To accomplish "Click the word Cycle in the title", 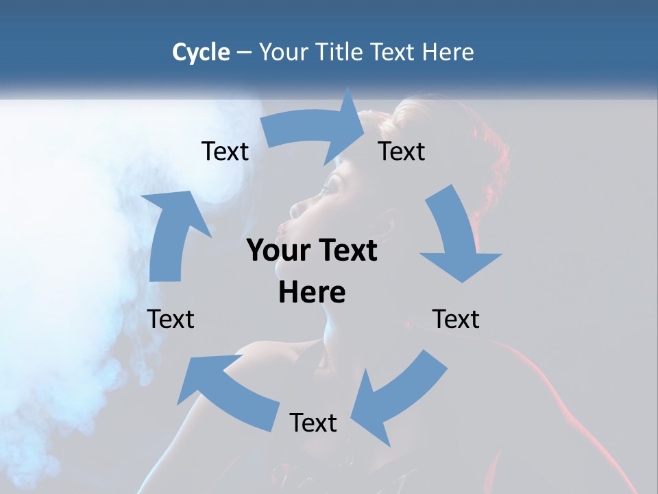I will [x=201, y=52].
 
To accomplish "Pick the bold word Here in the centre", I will [x=312, y=292].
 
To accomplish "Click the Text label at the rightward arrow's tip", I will [x=402, y=151].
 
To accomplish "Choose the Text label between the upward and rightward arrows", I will [x=225, y=151].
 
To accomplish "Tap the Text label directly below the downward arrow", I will [x=456, y=319].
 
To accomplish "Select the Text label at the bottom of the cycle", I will [x=313, y=423].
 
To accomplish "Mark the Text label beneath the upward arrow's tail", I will [x=171, y=319].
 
